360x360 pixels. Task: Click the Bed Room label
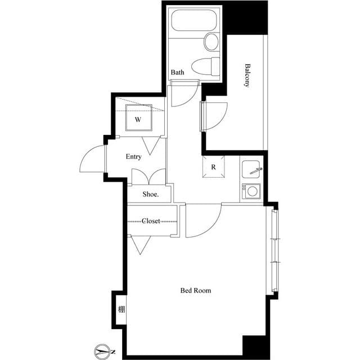coord(196,291)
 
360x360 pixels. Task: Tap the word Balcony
coord(247,75)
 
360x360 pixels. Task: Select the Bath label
coord(178,73)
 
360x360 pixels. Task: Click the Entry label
coord(133,157)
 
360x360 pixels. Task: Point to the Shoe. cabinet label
coord(150,194)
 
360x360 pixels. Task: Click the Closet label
coord(151,221)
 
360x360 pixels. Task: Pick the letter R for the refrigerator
coord(214,167)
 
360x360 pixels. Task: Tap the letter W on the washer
coord(138,120)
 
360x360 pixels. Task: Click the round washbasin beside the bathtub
coord(211,42)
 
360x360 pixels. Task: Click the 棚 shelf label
coord(121,309)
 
